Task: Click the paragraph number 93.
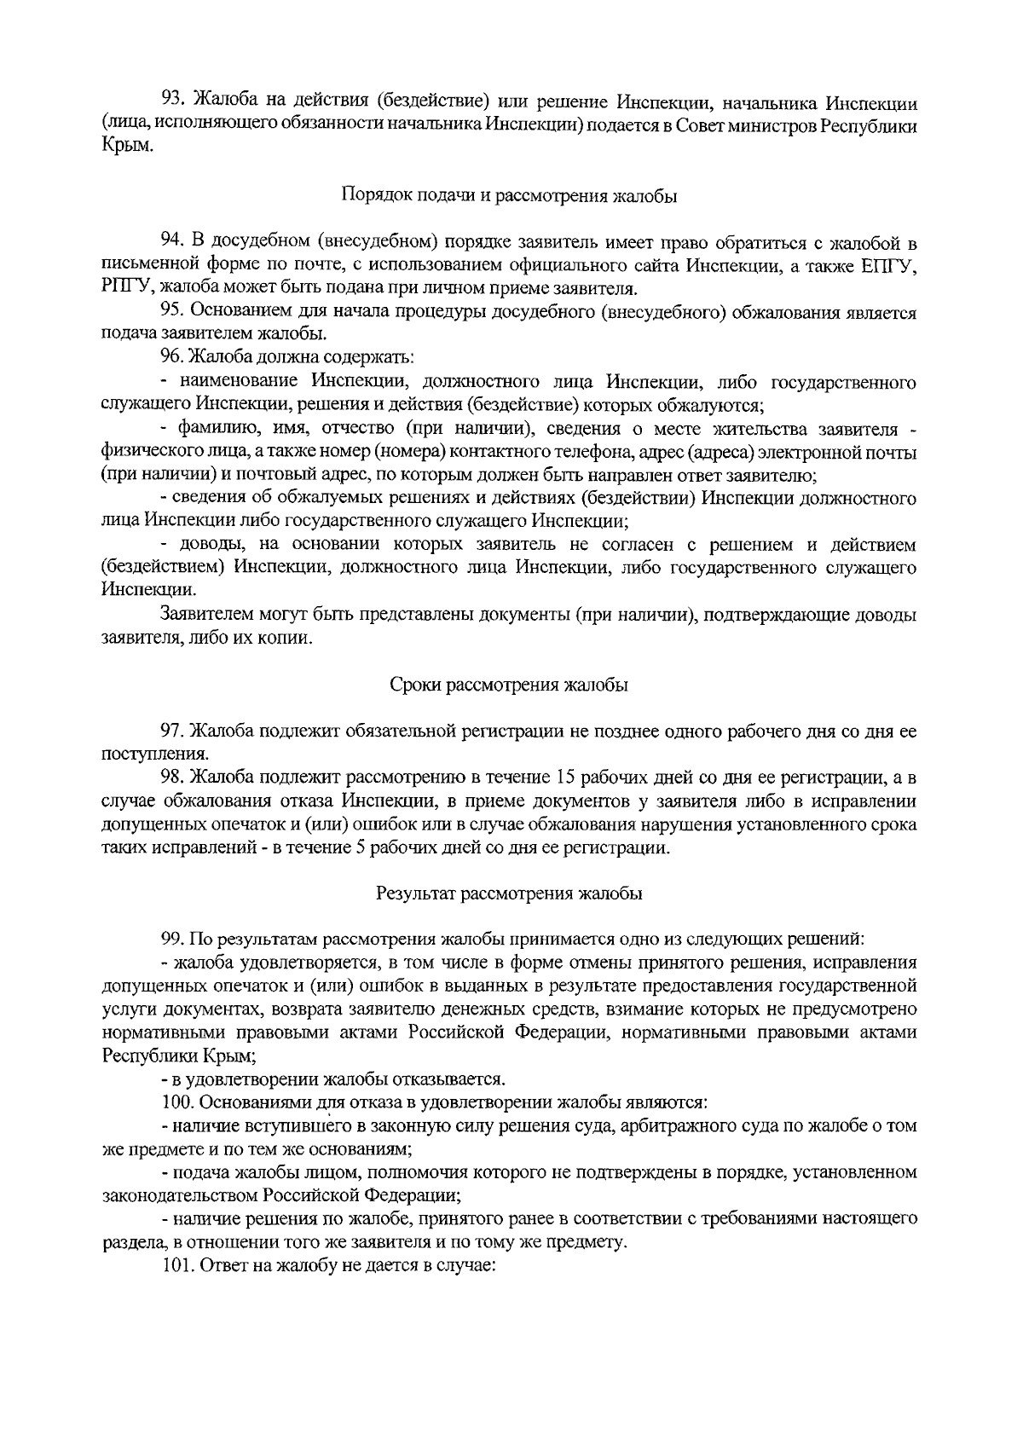(174, 103)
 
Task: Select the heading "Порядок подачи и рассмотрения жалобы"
(509, 196)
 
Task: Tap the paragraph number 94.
(174, 243)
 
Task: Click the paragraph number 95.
(174, 311)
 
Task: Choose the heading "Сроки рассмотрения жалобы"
(509, 685)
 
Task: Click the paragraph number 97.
(174, 731)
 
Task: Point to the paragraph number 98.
(174, 778)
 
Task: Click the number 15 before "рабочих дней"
(564, 778)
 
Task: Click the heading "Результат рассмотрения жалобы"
(509, 893)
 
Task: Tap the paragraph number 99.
(174, 940)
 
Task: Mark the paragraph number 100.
(178, 1102)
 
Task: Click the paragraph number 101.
(178, 1265)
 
